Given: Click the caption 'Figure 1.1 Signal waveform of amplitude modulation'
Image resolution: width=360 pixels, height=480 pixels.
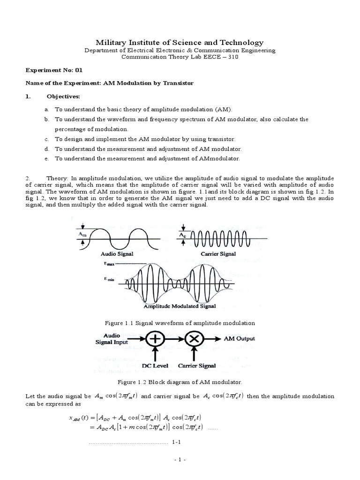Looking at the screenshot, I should pyautogui.click(x=180, y=323).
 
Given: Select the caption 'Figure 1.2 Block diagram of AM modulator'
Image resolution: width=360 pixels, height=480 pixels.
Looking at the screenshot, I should pyautogui.click(x=180, y=382).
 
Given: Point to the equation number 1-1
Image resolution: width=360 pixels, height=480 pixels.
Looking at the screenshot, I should pyautogui.click(x=176, y=442).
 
